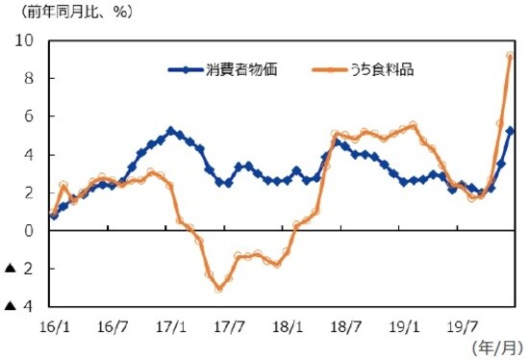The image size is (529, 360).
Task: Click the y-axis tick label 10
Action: click(23, 41)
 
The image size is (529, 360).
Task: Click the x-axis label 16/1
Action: click(54, 325)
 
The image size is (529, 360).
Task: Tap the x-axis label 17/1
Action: click(171, 325)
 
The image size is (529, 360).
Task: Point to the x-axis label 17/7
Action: click(229, 325)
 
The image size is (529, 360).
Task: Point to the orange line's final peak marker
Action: click(510, 56)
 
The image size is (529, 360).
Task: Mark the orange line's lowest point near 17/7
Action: click(219, 288)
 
